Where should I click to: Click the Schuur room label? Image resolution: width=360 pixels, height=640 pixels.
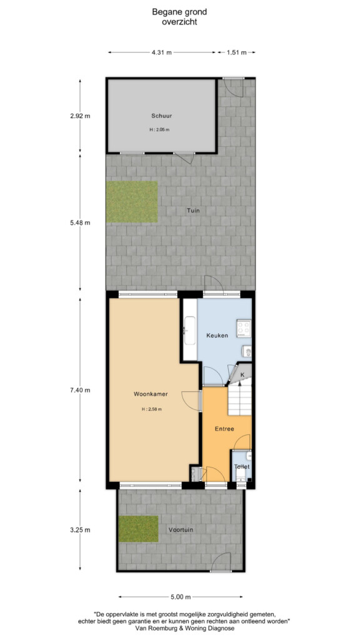point(162,116)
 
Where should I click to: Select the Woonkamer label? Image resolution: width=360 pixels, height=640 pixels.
point(151,394)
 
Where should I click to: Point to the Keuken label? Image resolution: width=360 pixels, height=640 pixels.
point(217,336)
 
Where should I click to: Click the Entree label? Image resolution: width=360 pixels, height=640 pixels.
point(224,429)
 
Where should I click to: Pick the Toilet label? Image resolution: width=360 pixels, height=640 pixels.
point(242,466)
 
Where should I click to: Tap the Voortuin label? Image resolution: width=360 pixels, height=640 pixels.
point(181,530)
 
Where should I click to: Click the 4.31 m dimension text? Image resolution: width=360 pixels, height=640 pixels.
point(162,52)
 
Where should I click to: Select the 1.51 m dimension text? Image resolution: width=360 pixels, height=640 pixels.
point(237,52)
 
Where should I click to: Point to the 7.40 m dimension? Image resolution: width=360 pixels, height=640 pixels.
point(80,390)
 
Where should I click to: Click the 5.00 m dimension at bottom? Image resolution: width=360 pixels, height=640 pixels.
point(181,597)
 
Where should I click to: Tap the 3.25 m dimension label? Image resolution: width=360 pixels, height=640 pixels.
point(80,530)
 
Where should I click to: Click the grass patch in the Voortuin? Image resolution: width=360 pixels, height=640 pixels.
point(138,529)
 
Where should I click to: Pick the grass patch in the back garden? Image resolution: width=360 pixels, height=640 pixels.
point(132,202)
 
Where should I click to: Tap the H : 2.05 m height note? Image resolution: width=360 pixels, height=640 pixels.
point(159,130)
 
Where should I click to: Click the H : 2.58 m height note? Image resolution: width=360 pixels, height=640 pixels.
point(152,409)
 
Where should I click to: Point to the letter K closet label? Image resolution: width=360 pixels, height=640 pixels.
point(242,375)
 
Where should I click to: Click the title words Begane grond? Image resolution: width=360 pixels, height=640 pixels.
point(179,12)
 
